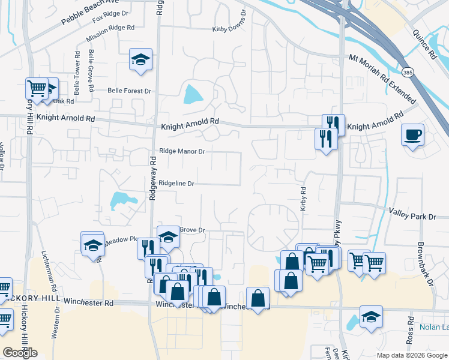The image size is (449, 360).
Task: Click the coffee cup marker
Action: click(413, 134)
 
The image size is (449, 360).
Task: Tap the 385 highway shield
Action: click(408, 73)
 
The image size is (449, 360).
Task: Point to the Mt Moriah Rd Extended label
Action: click(383, 79)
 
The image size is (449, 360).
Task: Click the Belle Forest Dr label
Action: click(129, 91)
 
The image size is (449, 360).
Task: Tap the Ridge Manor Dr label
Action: click(182, 151)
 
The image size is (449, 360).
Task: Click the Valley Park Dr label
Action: click(412, 213)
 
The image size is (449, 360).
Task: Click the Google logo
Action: click(20, 352)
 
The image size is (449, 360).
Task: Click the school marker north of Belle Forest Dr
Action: click(140, 60)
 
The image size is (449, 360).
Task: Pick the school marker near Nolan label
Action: click(371, 317)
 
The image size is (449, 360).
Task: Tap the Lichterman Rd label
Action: click(49, 276)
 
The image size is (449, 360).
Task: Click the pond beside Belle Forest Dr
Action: click(193, 94)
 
